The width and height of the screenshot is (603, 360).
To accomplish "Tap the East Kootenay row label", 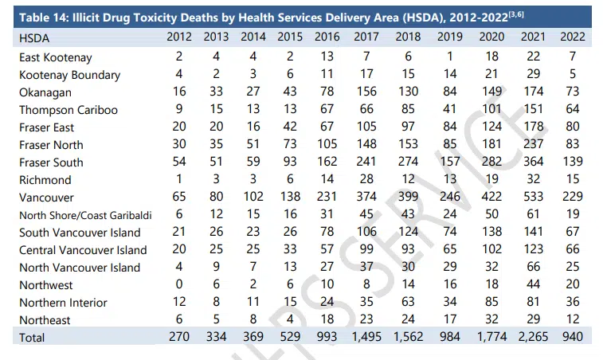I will pyautogui.click(x=55, y=57).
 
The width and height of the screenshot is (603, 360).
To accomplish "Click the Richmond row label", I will pyautogui.click(x=45, y=180).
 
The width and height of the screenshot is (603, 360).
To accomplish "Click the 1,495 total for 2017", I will pyautogui.click(x=366, y=337).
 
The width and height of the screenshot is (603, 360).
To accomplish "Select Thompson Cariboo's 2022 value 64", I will pyautogui.click(x=570, y=110).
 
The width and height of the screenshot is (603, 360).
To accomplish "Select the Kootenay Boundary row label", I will pyautogui.click(x=70, y=75).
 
